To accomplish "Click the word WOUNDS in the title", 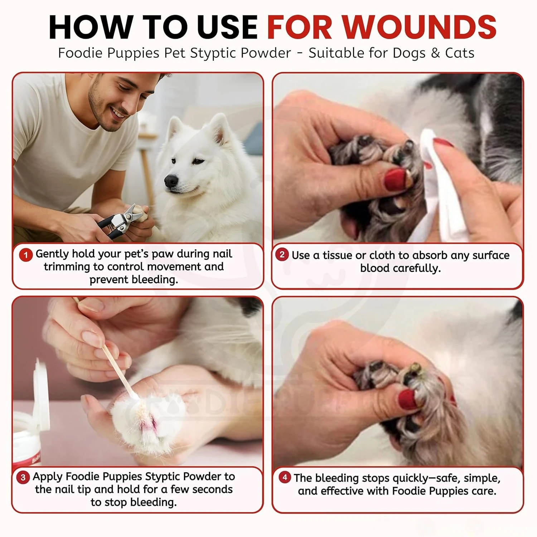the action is (x=419, y=27).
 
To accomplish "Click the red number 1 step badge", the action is (x=26, y=255).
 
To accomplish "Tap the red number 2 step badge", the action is (x=282, y=255).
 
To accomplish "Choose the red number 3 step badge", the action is (x=23, y=477).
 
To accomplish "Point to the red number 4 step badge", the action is (x=285, y=477).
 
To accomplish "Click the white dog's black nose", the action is (x=171, y=181).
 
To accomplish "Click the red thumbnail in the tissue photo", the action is (x=396, y=179).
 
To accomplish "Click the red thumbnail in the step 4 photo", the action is (x=408, y=399).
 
